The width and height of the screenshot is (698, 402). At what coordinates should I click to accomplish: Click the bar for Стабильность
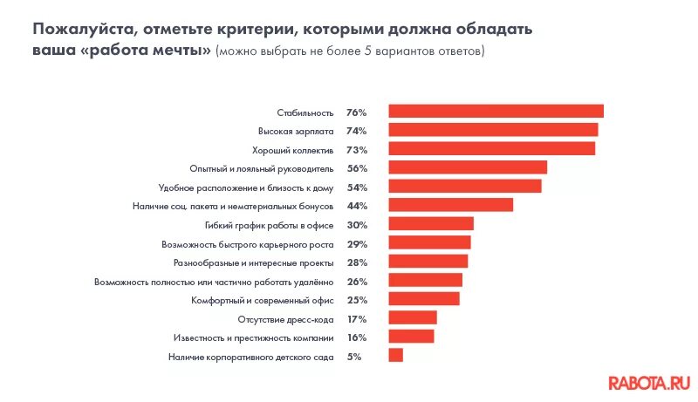(496, 111)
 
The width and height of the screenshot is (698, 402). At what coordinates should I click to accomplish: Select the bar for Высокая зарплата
(493, 130)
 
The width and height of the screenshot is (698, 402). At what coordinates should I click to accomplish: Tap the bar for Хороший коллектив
(491, 149)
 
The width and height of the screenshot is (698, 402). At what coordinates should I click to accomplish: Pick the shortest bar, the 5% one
(395, 355)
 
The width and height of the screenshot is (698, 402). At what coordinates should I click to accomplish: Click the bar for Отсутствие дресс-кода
(412, 317)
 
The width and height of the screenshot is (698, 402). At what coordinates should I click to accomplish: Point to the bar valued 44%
(450, 205)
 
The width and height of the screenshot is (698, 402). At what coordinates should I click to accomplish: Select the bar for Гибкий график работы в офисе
(430, 224)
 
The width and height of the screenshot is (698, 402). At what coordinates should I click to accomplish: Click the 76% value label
(356, 112)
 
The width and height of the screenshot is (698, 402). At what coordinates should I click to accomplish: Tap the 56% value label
(356, 168)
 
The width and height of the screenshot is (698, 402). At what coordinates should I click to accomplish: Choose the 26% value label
(356, 282)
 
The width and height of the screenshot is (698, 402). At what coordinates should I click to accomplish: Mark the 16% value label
(356, 337)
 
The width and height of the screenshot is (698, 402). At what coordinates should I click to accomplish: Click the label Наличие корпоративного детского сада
(251, 357)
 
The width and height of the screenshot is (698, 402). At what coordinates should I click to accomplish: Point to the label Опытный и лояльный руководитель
(262, 168)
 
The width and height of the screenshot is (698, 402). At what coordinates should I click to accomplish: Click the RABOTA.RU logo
(649, 381)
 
